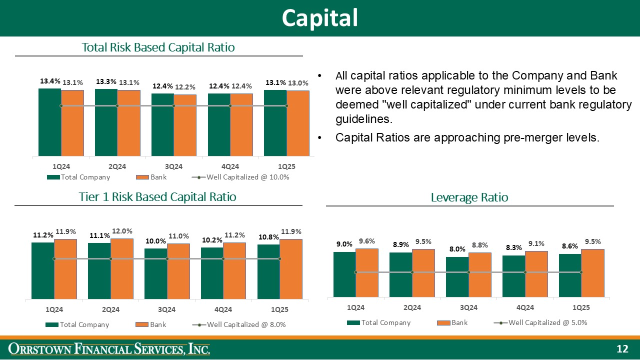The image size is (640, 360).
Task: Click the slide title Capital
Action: pos(319,18)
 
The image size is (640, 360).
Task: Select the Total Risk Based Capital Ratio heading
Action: pos(158,47)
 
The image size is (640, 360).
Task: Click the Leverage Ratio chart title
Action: pos(469,197)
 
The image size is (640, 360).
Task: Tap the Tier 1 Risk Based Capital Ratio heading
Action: pos(157,196)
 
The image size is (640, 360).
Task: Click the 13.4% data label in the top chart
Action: pos(50,81)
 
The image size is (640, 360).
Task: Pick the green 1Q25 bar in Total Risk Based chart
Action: pos(275,123)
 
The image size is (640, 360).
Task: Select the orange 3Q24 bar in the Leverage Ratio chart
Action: pos(480,274)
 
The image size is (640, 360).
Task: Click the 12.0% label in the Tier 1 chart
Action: pos(122,231)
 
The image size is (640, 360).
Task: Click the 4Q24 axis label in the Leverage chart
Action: pos(525,307)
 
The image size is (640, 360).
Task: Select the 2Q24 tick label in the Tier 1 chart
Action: pos(110,309)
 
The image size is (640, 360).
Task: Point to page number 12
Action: pos(622,349)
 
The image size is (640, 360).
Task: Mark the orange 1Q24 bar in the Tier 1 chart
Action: pos(65,268)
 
